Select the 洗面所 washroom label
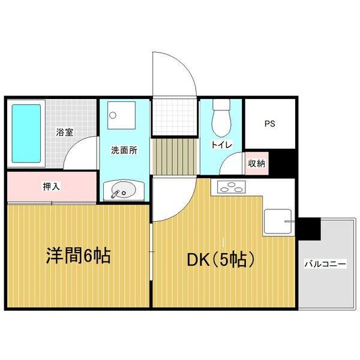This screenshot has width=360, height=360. pyautogui.click(x=124, y=151)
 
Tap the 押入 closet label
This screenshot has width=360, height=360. pyautogui.click(x=51, y=187)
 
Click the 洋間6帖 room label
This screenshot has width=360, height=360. pyautogui.click(x=78, y=256)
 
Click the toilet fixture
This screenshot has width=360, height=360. pyautogui.click(x=221, y=118)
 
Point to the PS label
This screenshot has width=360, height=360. pyautogui.click(x=269, y=124)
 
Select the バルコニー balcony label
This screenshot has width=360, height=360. pyautogui.click(x=325, y=263)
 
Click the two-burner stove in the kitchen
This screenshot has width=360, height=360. pyautogui.click(x=229, y=187)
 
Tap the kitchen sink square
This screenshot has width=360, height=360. pyautogui.click(x=278, y=221)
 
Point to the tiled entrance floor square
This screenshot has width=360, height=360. pyautogui.click(x=174, y=116)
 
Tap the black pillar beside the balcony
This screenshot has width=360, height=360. pyautogui.click(x=310, y=227)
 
